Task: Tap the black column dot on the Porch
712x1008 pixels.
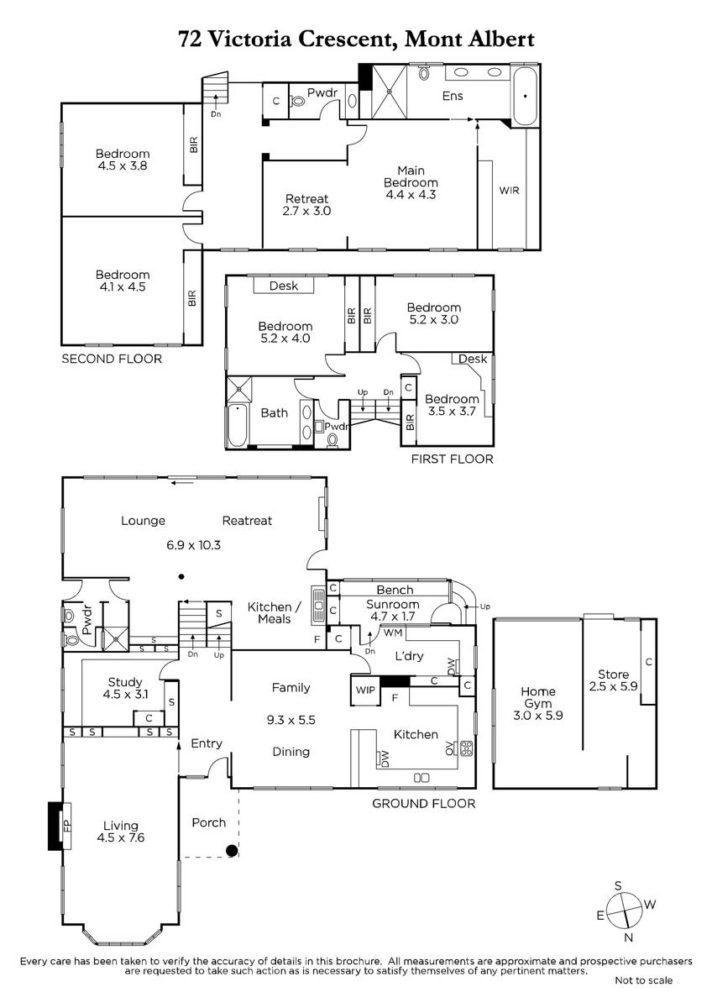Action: [x=232, y=850]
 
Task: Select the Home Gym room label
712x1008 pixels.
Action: [x=538, y=697]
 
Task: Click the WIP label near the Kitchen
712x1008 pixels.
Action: [x=365, y=690]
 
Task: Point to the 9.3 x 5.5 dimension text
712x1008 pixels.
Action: [x=291, y=720]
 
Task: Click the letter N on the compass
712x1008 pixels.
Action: [x=629, y=937]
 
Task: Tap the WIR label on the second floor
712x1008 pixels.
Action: [x=509, y=191]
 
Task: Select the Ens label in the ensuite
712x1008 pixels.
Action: [x=453, y=96]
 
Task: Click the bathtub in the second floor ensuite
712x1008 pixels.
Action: [x=525, y=97]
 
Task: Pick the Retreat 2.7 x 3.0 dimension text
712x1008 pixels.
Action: [x=306, y=211]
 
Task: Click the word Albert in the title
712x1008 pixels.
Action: [x=501, y=39]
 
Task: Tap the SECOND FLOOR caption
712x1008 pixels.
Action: [x=112, y=359]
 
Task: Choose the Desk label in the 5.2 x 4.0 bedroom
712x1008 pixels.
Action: [x=283, y=286]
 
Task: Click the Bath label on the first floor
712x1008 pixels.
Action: [x=275, y=412]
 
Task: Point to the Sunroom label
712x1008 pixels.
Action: [x=392, y=604]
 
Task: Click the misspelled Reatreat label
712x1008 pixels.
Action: [x=247, y=521]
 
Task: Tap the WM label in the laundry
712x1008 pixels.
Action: [x=393, y=633]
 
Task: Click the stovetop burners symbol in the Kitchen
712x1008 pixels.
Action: [x=467, y=748]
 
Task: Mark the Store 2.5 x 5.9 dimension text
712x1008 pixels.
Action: [x=613, y=686]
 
